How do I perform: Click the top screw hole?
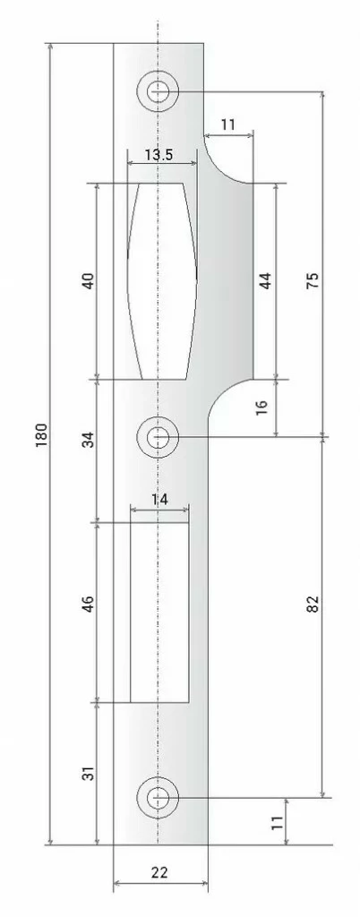pyautogui.click(x=158, y=90)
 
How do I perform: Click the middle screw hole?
pyautogui.click(x=158, y=437)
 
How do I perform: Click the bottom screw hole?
pyautogui.click(x=158, y=797)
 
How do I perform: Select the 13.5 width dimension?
pyautogui.click(x=159, y=155)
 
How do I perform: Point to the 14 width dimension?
pyautogui.click(x=159, y=500)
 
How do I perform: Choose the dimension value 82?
pyautogui.click(x=313, y=604)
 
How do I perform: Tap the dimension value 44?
pyautogui.click(x=264, y=280)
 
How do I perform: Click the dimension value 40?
pyautogui.click(x=88, y=281)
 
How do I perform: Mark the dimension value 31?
pyautogui.click(x=88, y=773)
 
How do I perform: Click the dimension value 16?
pyautogui.click(x=261, y=406)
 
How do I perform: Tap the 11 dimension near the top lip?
pyautogui.click(x=227, y=125)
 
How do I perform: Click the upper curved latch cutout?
pyautogui.click(x=160, y=280)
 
